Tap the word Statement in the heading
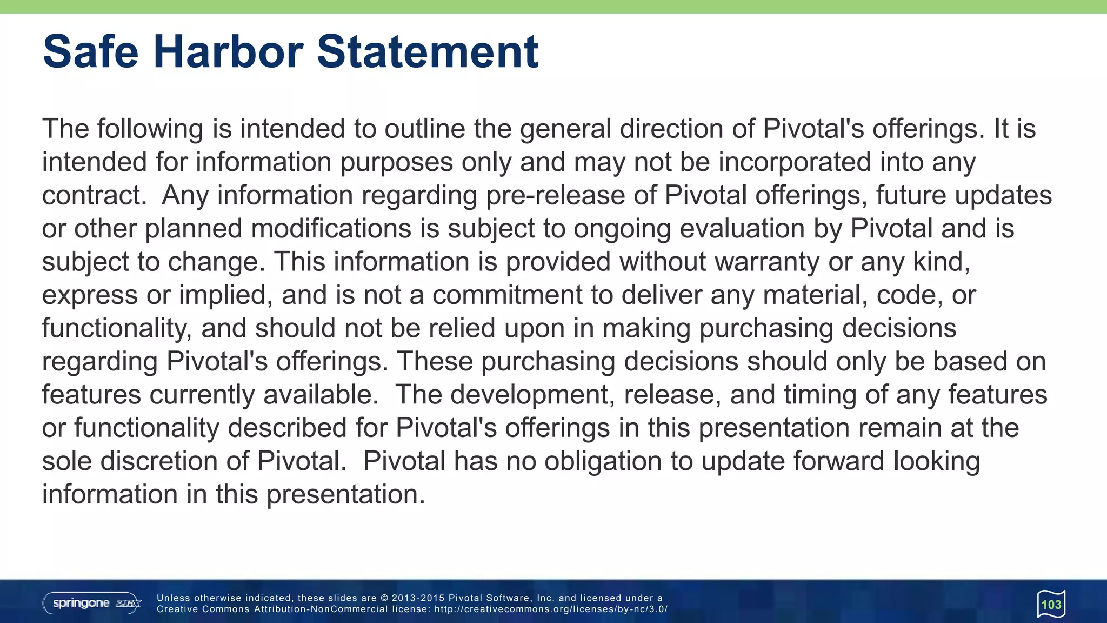[427, 52]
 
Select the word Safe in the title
[91, 52]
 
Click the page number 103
[1051, 605]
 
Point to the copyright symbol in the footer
[384, 598]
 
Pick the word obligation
[603, 462]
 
